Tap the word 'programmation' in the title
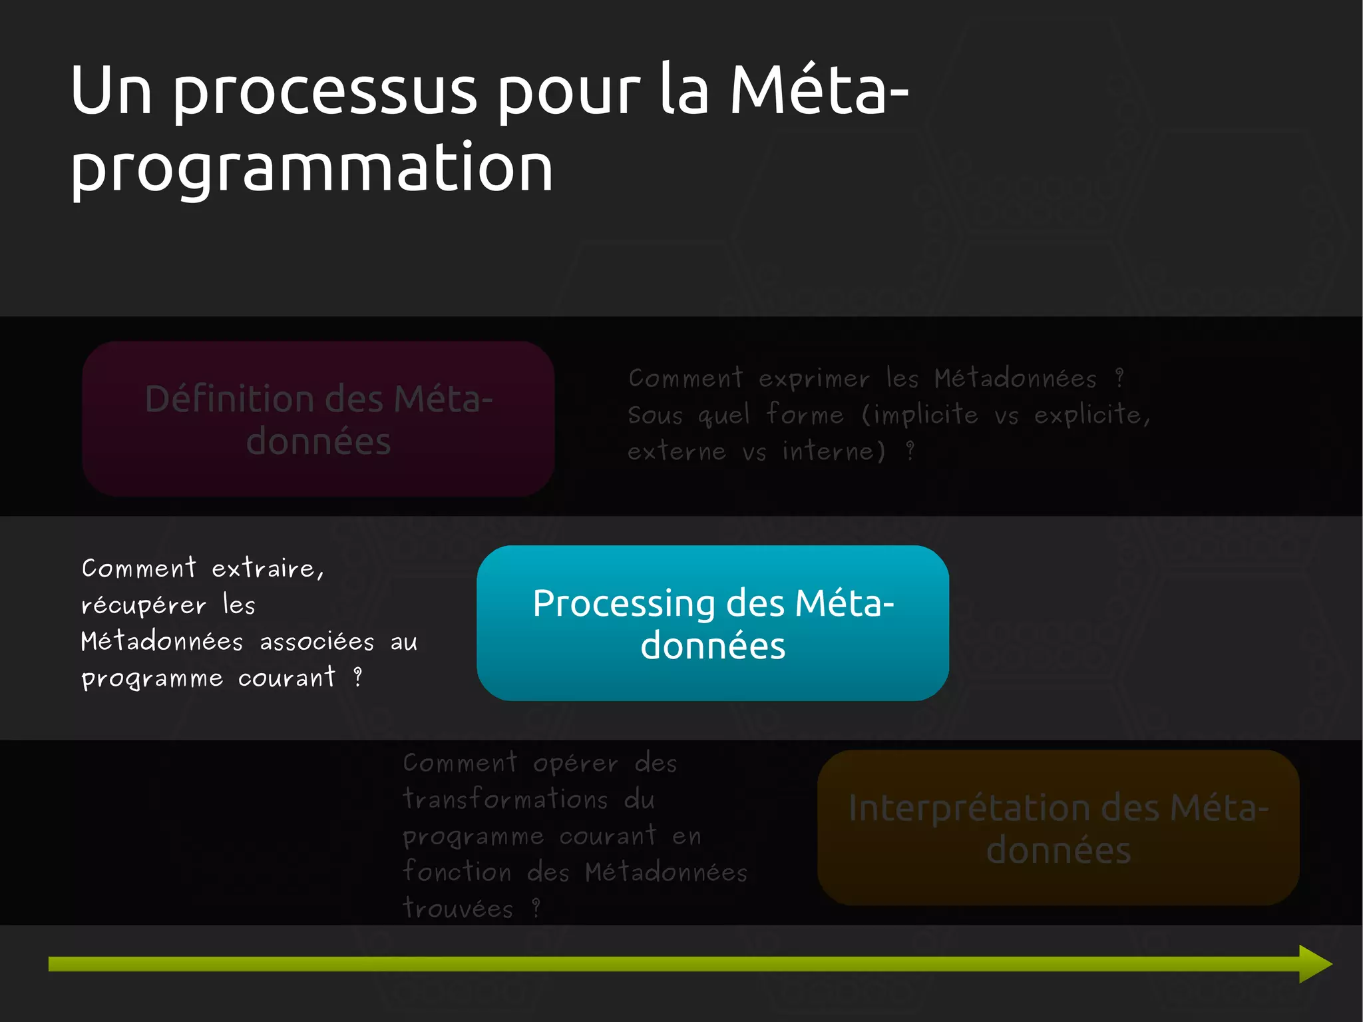[x=311, y=170]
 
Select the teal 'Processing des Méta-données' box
[x=712, y=623]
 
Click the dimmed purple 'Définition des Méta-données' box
[x=318, y=419]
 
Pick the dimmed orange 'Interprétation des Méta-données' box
[x=1058, y=828]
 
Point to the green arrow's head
[x=1314, y=963]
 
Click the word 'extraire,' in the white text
[x=268, y=569]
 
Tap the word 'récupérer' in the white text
[x=143, y=606]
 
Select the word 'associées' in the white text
[x=317, y=642]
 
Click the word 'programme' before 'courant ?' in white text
[x=152, y=679]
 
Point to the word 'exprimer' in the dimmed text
[x=813, y=380]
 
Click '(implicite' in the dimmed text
[x=920, y=415]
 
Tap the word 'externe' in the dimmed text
[x=676, y=452]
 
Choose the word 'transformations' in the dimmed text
[x=505, y=799]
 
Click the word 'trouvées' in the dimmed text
[x=458, y=909]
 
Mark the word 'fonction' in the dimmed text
[x=457, y=872]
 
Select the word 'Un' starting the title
[x=110, y=92]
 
